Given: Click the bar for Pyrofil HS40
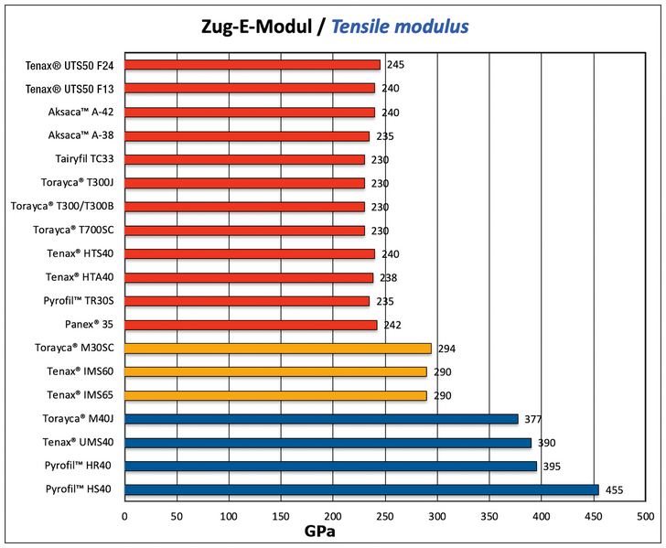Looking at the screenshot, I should tap(361, 490).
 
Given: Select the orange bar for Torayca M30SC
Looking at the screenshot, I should tap(278, 349).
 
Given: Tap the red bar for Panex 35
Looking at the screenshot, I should tap(251, 325).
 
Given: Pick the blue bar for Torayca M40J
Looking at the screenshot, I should tap(321, 419).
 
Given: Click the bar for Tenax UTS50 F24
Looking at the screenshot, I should tap(252, 65).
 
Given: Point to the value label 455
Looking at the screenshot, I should tap(615, 490).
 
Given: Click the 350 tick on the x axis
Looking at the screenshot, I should tap(489, 516).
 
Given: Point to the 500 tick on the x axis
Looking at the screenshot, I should tap(646, 516).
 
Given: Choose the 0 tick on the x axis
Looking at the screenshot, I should tap(125, 516).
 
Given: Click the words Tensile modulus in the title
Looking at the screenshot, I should tap(400, 27).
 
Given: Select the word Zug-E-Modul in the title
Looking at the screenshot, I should tap(261, 27).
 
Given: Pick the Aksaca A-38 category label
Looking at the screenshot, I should tap(81, 135).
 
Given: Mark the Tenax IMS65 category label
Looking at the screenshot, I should tap(80, 395).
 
